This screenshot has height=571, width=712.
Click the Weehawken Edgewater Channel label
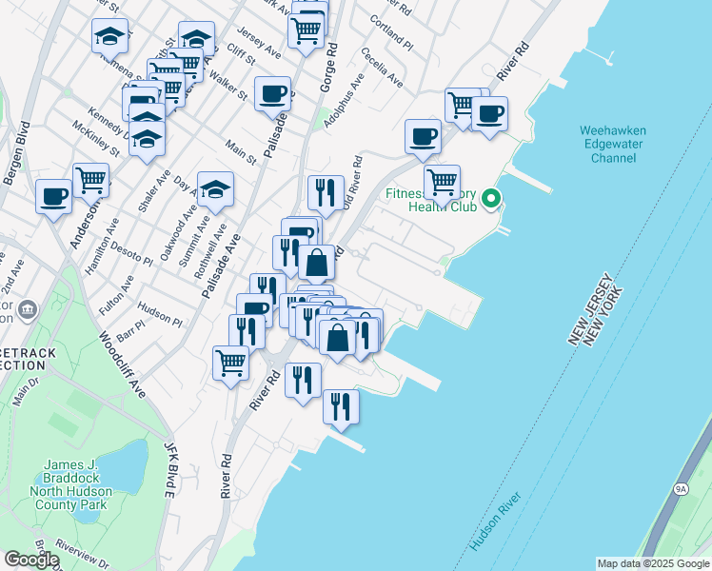(x=613, y=144)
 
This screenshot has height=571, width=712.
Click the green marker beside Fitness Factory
(x=491, y=199)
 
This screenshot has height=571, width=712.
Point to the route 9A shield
(x=681, y=488)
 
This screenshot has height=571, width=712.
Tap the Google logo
(x=31, y=560)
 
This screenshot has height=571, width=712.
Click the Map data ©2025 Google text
(x=652, y=563)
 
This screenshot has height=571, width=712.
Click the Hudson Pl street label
(x=159, y=316)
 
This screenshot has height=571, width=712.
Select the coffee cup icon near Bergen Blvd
(x=53, y=196)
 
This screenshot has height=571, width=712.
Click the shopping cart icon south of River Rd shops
(x=231, y=363)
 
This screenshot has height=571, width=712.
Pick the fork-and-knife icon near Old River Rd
(x=326, y=192)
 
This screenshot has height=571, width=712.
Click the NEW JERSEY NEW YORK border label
(x=596, y=314)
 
